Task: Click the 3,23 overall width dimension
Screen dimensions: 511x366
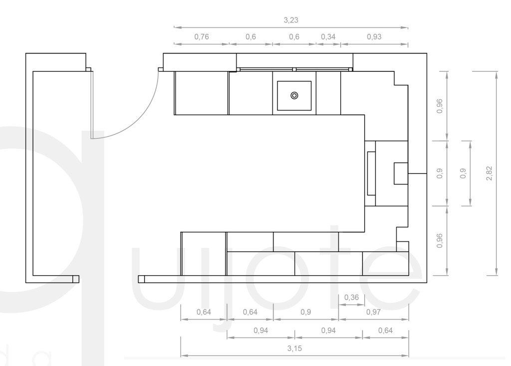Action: click(x=291, y=20)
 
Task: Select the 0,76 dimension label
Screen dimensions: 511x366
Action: click(x=202, y=37)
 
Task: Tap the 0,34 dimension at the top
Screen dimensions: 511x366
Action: click(x=328, y=37)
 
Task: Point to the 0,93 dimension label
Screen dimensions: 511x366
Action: click(x=374, y=37)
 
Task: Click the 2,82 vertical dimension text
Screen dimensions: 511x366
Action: click(x=489, y=173)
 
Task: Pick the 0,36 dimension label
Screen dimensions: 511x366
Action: click(x=351, y=298)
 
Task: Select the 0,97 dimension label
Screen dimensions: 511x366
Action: click(x=373, y=312)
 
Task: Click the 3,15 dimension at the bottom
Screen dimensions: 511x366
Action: click(x=294, y=349)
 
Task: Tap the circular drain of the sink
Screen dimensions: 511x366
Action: click(x=294, y=95)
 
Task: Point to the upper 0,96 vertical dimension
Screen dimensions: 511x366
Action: click(x=440, y=106)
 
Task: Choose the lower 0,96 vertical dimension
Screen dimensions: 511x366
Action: click(x=440, y=241)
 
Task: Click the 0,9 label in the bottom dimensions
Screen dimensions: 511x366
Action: click(x=306, y=312)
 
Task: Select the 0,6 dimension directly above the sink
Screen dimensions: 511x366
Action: click(x=294, y=37)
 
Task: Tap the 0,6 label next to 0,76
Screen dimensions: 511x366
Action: click(x=251, y=37)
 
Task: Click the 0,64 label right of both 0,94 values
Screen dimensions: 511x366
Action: click(x=385, y=331)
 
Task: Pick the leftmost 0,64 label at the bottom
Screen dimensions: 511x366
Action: click(x=204, y=312)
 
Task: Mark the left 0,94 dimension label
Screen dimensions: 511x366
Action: click(x=260, y=331)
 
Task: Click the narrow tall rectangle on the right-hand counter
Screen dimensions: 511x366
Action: click(x=371, y=173)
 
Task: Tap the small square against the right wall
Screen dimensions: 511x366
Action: click(x=401, y=174)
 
